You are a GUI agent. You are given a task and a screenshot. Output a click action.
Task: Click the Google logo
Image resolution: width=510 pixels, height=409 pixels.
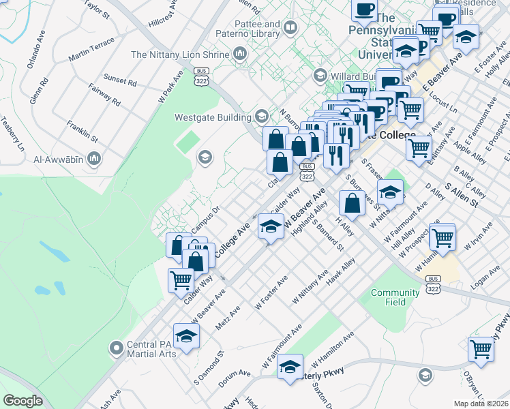tap(22, 401)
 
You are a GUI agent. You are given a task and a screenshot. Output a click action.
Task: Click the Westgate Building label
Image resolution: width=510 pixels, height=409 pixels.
tap(213, 117)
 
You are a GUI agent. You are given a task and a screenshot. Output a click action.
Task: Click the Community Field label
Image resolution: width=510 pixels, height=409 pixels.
tap(395, 297)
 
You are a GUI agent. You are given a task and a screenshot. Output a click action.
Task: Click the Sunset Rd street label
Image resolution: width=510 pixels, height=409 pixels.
tap(121, 80)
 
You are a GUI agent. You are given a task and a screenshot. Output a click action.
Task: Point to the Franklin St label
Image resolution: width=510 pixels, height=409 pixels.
tap(82, 132)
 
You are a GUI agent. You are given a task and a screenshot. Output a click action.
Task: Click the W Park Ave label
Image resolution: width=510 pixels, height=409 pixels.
tap(171, 87)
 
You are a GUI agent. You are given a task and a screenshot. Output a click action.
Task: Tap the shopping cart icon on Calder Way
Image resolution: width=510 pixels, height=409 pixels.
tap(181, 279)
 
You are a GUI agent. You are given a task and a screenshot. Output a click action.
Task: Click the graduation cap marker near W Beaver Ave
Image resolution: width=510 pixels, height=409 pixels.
tap(271, 226)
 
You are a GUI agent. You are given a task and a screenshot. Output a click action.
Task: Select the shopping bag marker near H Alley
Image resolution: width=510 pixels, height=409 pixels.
tap(351, 202)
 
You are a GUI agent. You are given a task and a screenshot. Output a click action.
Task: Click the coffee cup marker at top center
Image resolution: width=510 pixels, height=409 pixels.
tap(363, 10)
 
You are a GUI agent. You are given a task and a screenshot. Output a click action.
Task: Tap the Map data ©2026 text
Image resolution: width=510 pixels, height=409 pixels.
tap(481, 404)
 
